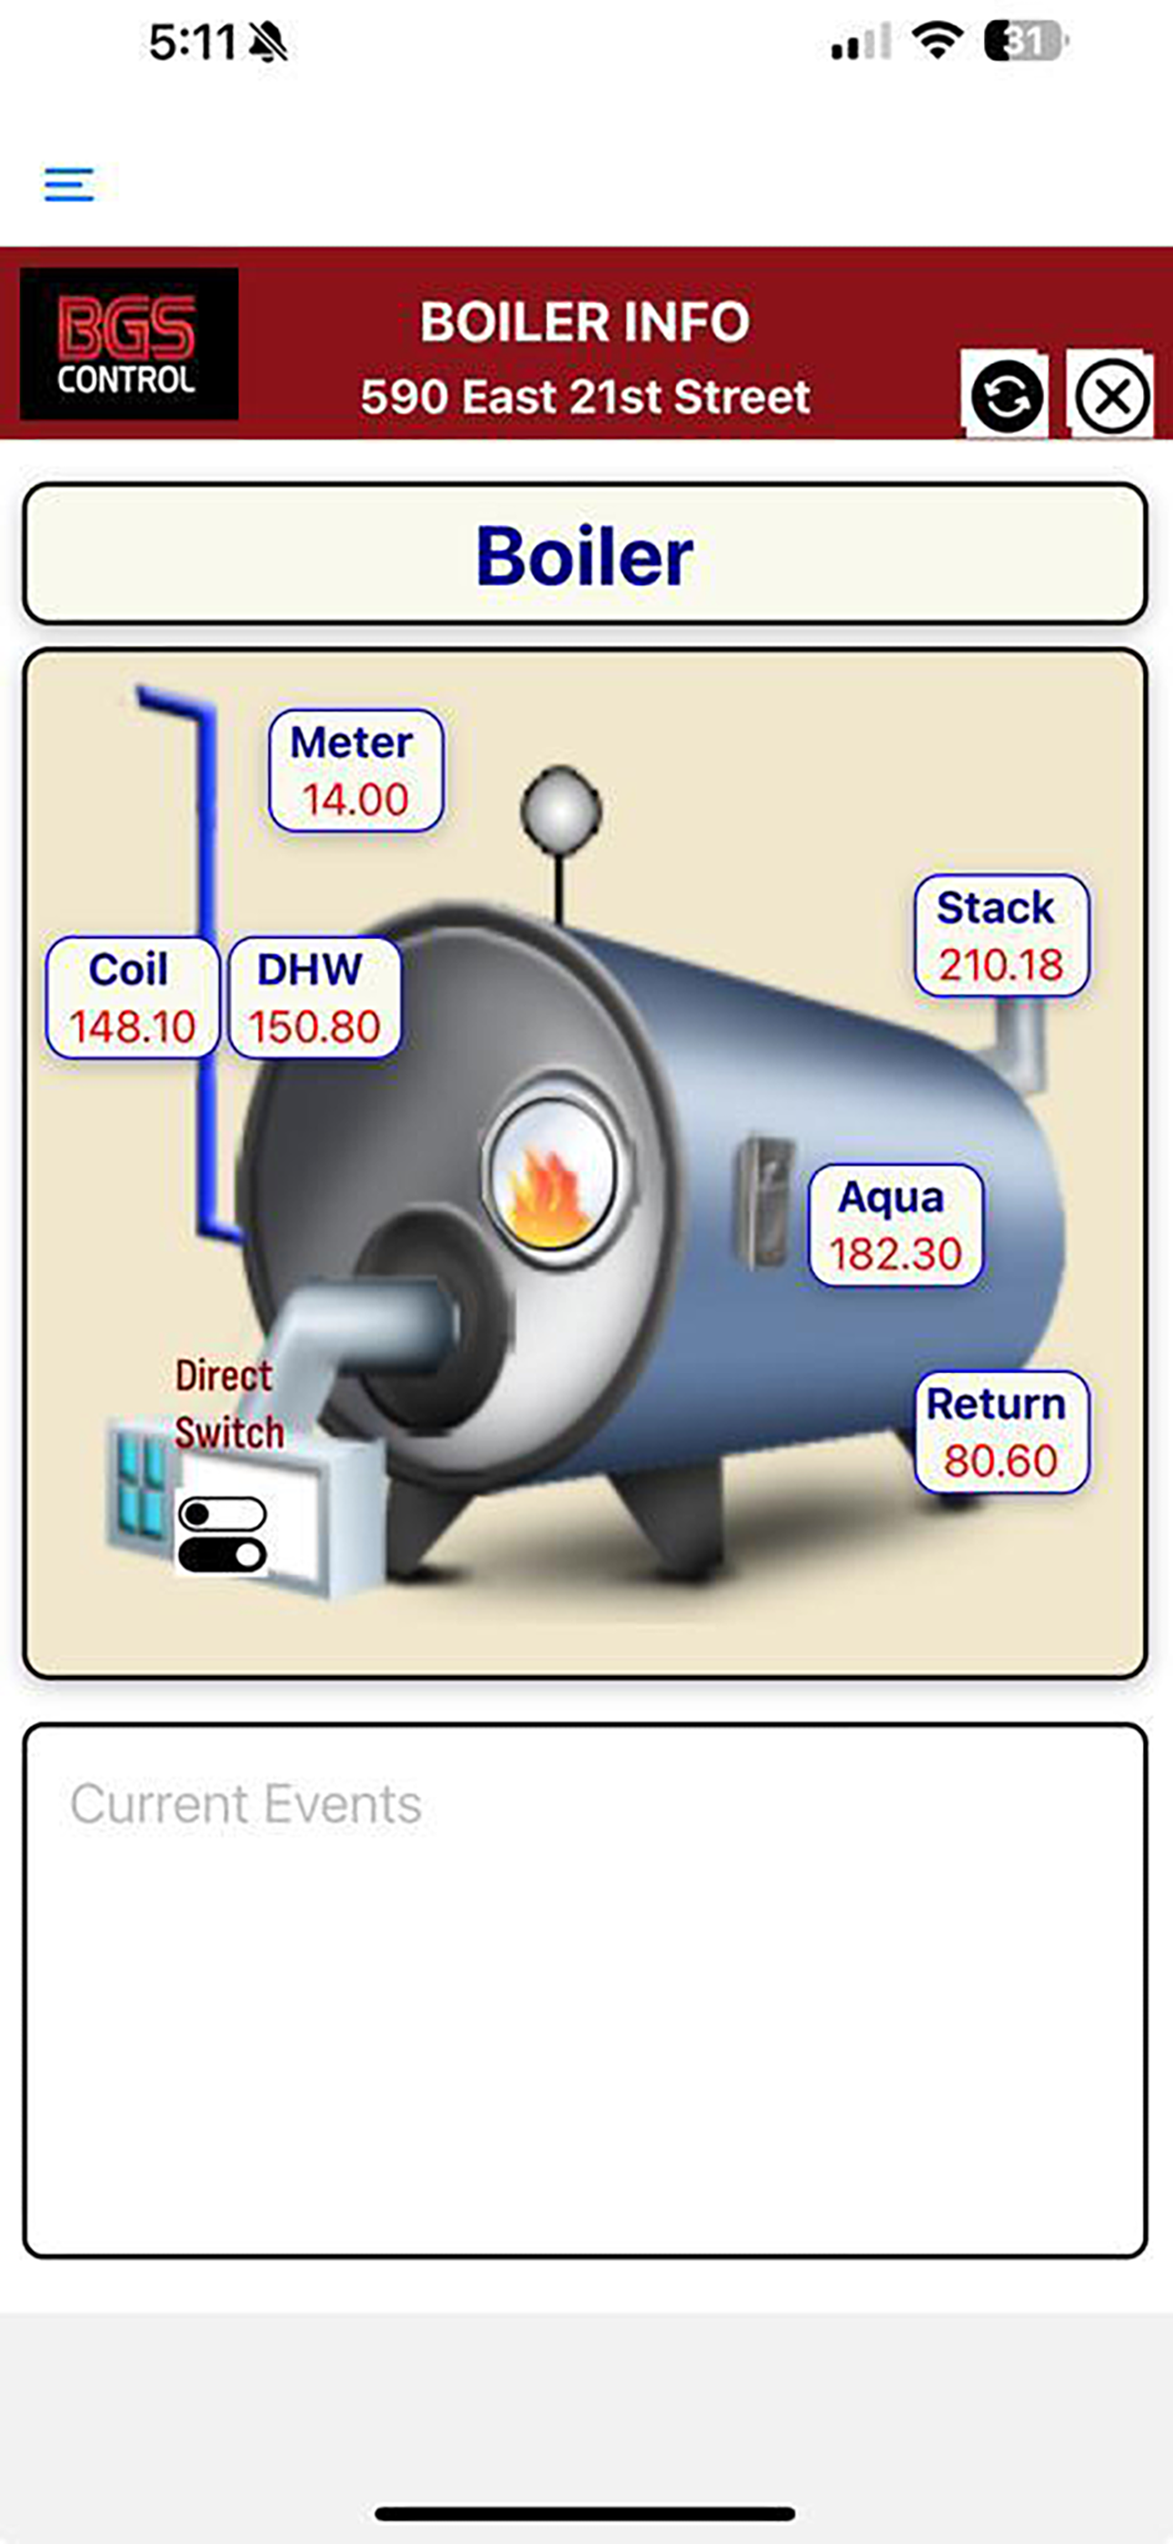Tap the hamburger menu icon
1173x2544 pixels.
[x=69, y=185]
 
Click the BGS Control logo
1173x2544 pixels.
[x=128, y=344]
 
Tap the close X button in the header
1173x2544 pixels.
[x=1111, y=396]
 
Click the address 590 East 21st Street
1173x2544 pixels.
[x=585, y=397]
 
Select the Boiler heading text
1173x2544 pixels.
[x=585, y=555]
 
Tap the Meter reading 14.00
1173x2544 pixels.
[x=356, y=799]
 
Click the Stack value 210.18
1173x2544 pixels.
[x=1000, y=964]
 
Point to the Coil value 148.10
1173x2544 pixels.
[x=133, y=1026]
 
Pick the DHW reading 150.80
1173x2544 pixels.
[x=314, y=1026]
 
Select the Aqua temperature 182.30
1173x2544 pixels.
[x=896, y=1253]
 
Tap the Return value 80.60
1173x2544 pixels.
[x=1000, y=1459]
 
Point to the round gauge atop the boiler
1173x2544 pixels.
[x=561, y=811]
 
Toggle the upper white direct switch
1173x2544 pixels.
[x=222, y=1513]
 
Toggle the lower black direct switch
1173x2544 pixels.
[x=222, y=1554]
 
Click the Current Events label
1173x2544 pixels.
[x=246, y=1804]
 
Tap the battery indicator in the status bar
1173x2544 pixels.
[x=1026, y=42]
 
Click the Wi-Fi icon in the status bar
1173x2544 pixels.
[x=937, y=42]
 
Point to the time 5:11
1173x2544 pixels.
[x=193, y=43]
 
